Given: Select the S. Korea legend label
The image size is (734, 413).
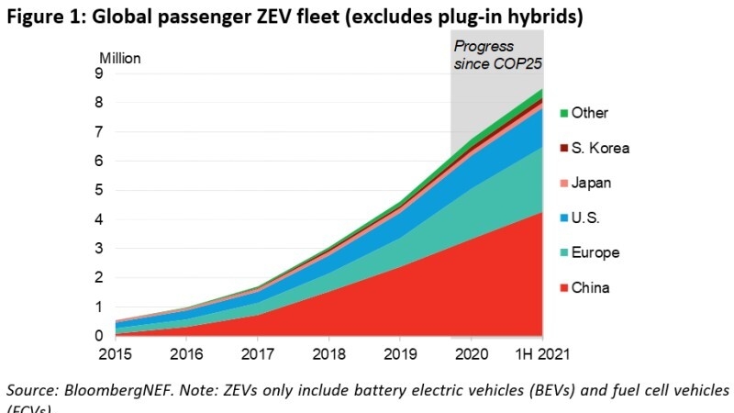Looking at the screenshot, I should tap(600, 148).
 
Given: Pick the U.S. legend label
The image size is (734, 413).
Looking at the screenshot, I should tap(585, 218).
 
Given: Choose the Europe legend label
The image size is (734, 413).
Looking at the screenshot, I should tap(595, 252).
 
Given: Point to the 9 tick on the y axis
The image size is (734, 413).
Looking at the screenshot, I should tap(98, 74).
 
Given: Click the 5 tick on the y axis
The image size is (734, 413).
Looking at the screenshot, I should tap(98, 190).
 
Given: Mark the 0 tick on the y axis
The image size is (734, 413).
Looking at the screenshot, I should tap(98, 337).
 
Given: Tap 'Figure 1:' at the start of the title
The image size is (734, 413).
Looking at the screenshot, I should tap(41, 16).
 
